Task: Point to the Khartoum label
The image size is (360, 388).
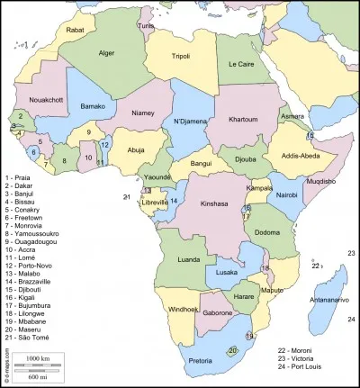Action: (x=243, y=119)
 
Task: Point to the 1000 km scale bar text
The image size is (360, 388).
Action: (x=37, y=359)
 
